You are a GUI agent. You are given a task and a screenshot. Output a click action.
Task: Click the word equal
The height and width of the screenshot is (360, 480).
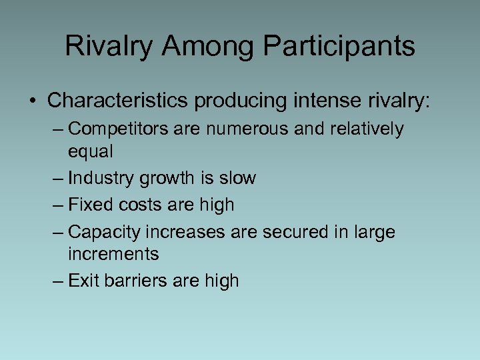[x=91, y=152]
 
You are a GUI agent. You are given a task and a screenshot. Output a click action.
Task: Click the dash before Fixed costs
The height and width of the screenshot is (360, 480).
[x=58, y=205]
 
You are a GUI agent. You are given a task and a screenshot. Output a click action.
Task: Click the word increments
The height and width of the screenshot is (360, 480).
[x=113, y=254]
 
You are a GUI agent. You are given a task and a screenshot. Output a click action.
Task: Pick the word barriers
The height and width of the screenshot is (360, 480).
[x=135, y=281]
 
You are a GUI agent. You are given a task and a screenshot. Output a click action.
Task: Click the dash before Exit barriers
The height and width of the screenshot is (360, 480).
[x=58, y=281]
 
